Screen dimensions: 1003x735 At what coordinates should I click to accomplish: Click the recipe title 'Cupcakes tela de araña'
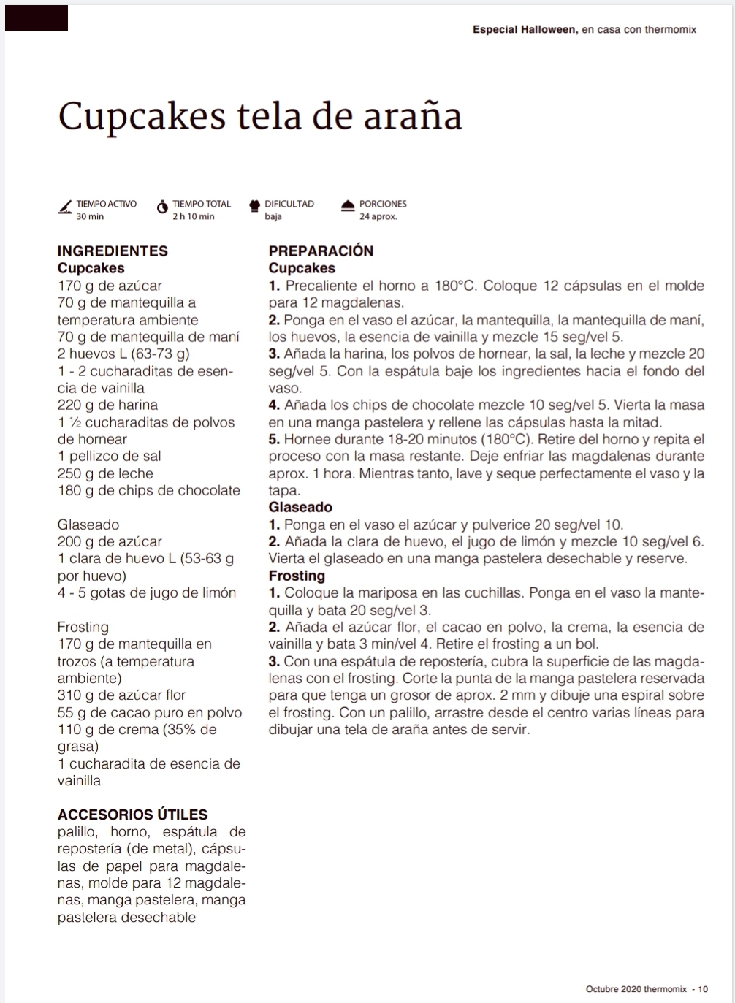click(259, 116)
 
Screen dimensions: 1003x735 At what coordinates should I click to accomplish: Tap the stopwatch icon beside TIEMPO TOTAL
click(161, 208)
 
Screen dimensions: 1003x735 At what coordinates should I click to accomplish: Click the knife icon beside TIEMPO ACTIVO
click(65, 208)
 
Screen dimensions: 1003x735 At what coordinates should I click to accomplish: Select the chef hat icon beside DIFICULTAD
click(254, 206)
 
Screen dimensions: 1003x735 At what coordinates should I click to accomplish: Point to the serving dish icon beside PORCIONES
click(348, 206)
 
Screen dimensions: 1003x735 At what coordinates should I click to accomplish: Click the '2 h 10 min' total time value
click(193, 216)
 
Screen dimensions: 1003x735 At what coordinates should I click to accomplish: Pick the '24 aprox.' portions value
click(378, 216)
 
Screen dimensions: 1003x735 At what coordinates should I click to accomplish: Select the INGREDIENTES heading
click(113, 251)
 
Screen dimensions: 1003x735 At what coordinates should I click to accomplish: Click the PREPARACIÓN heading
click(321, 251)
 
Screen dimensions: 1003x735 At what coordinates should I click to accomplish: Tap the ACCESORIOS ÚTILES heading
click(132, 815)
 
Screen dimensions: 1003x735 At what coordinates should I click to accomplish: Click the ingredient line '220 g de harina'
click(107, 405)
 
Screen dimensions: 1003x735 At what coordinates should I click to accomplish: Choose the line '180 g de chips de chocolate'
click(148, 490)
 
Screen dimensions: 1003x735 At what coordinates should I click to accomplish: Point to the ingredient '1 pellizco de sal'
click(109, 456)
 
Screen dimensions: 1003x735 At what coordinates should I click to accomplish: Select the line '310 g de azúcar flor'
click(121, 695)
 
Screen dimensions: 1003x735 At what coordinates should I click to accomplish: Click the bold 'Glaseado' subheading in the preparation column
click(300, 507)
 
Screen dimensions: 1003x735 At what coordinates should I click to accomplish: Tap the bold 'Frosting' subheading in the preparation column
click(297, 576)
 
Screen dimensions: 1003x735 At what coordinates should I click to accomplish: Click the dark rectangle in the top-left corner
click(37, 18)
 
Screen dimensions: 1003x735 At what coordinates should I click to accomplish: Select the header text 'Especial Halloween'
click(525, 30)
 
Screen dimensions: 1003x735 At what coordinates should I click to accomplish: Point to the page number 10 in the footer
click(703, 989)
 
